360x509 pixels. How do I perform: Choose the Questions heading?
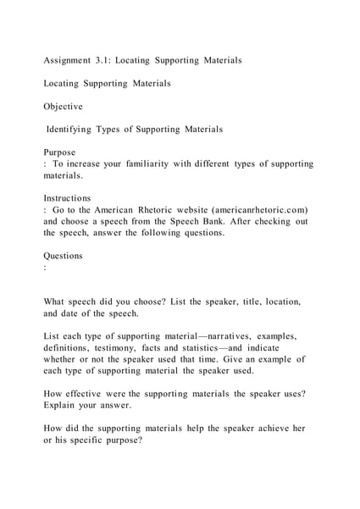point(64,255)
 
